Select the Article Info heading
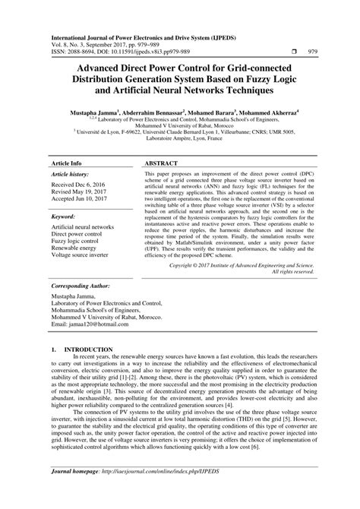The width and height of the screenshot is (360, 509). click(66, 163)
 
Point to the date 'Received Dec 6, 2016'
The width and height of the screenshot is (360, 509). click(84, 185)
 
